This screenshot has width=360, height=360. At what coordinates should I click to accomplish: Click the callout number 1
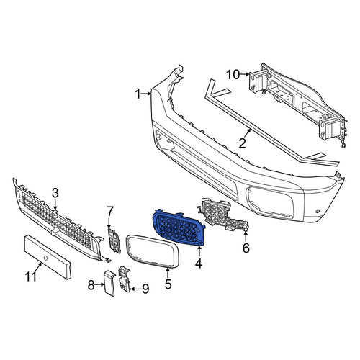point(138,94)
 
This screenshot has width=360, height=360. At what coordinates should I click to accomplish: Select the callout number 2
point(242,143)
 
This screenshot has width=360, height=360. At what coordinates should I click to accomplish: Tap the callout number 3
point(55,193)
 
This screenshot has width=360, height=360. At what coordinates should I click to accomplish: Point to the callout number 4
point(199,264)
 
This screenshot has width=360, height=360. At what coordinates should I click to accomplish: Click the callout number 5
point(168,284)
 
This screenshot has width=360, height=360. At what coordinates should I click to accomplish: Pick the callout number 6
point(246,248)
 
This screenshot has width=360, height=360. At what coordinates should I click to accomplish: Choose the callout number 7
point(110,212)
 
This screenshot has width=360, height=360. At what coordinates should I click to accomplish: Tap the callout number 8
point(91,285)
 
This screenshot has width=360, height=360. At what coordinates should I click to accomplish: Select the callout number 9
point(145,289)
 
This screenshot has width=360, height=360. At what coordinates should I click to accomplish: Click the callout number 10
point(233,75)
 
